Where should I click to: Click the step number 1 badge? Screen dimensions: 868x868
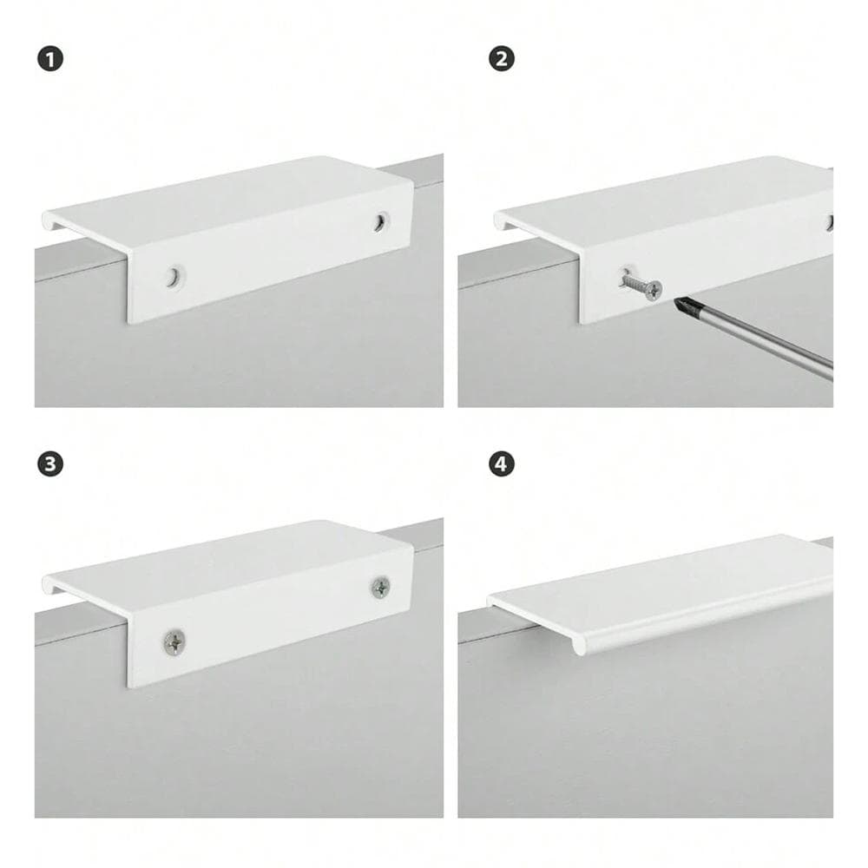coord(50,59)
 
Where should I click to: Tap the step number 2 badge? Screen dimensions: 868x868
coord(502,59)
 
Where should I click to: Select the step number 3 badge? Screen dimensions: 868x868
coord(50,464)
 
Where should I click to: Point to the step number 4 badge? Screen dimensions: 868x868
coord(502,464)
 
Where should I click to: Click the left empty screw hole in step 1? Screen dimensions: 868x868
coord(174,277)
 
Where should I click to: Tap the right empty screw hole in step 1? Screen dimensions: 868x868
coord(380,221)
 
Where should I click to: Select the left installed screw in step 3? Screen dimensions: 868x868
coord(175,642)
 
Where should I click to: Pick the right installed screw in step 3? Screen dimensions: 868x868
coord(381,588)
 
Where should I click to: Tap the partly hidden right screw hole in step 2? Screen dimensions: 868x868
coord(829,223)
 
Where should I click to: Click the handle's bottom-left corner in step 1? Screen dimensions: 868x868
coord(129,323)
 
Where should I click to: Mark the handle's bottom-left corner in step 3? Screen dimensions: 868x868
coord(129,687)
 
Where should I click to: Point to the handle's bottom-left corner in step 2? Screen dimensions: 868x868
coord(581,323)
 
